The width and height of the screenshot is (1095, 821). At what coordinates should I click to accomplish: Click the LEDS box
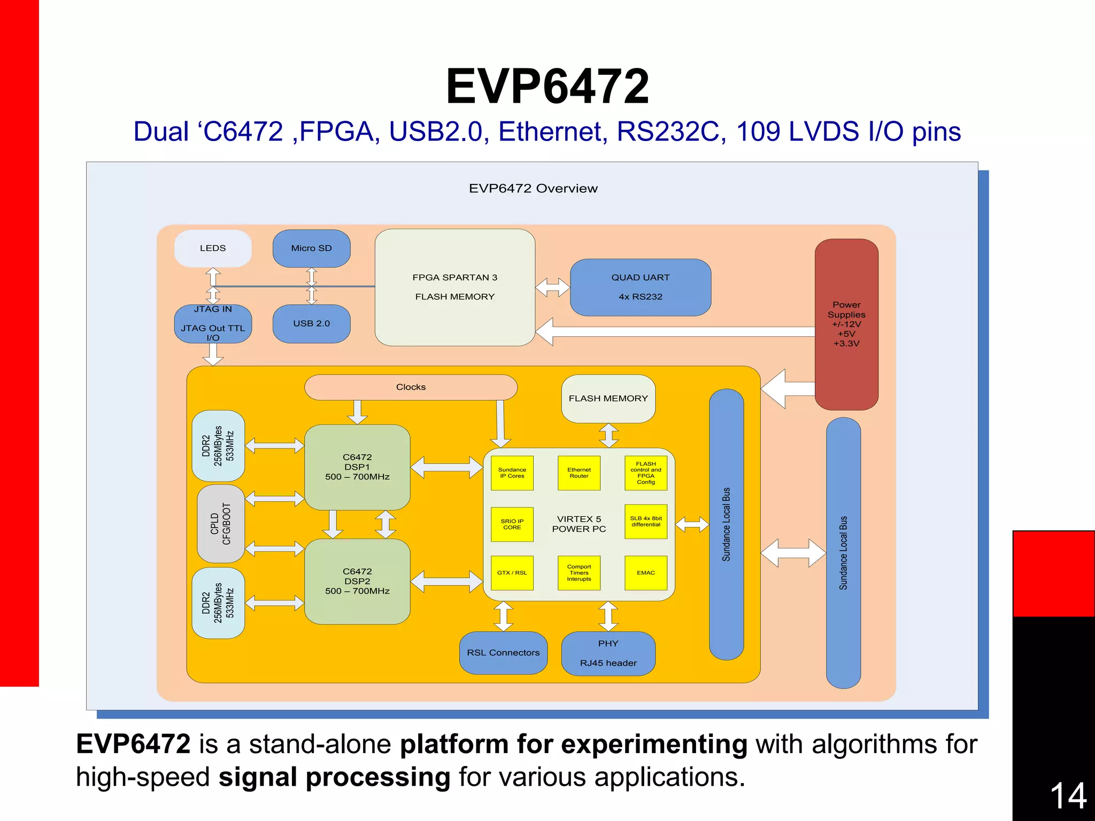213,248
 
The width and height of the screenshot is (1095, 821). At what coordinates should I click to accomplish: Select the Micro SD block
311,248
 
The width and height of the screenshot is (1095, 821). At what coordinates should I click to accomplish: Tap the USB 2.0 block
311,323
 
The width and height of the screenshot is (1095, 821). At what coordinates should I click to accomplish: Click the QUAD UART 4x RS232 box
640,287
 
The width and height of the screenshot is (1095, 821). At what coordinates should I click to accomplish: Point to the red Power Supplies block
846,324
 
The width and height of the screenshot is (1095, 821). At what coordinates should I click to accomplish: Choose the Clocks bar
411,387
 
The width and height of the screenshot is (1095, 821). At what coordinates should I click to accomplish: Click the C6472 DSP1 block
357,467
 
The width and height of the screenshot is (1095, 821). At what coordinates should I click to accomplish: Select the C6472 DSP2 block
357,581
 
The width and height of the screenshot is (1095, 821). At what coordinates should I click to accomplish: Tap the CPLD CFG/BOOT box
221,524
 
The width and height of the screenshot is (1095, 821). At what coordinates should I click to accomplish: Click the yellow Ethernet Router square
579,473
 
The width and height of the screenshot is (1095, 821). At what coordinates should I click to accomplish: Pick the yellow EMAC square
645,572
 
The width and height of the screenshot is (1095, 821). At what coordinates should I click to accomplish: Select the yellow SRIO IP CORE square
512,524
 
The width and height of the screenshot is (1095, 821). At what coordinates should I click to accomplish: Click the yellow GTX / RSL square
512,572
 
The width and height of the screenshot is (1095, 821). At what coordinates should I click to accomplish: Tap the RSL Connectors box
503,653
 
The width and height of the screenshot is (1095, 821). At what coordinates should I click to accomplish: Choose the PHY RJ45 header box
608,653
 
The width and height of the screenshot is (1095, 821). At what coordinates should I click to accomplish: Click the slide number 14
1068,796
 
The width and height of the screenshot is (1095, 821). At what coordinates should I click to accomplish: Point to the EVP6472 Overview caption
533,188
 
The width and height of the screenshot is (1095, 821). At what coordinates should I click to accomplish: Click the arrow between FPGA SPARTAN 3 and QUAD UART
553,287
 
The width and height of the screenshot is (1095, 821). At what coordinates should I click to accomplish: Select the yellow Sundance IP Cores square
512,473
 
